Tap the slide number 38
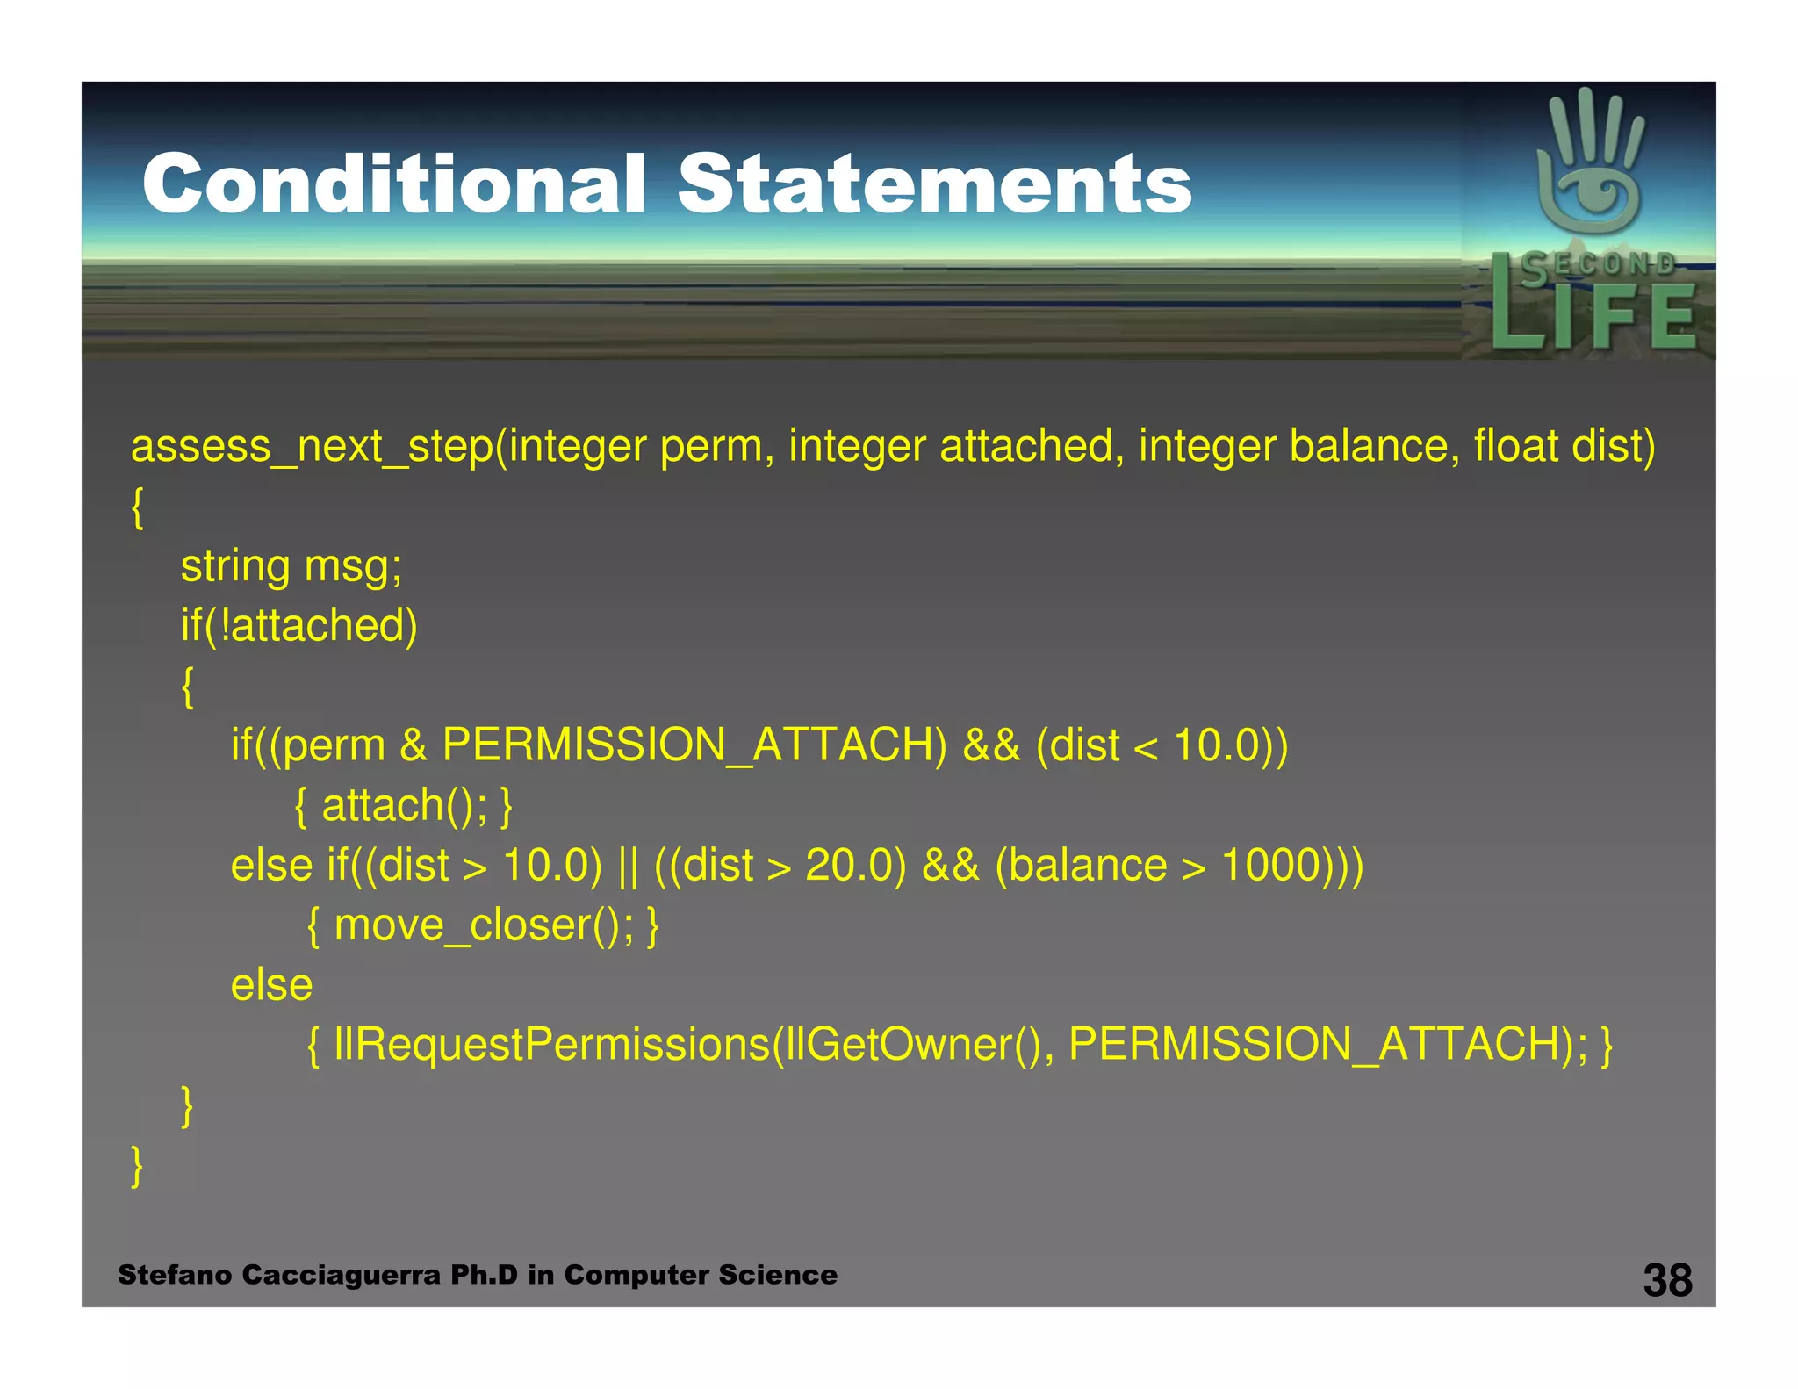(1667, 1280)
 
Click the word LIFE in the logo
(1593, 316)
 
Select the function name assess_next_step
(313, 446)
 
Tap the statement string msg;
(291, 565)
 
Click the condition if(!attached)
(299, 625)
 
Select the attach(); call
(404, 805)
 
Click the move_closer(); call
(483, 925)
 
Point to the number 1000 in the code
(1271, 865)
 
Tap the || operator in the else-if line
(628, 866)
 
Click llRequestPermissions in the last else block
(551, 1045)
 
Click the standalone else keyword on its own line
(271, 985)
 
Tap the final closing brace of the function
(137, 1166)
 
